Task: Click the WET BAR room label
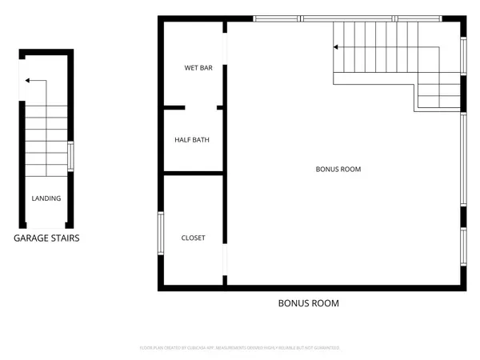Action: point(198,69)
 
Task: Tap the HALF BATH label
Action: point(192,140)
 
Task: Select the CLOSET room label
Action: point(193,238)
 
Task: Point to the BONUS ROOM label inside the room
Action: point(339,170)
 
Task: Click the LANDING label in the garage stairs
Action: point(46,198)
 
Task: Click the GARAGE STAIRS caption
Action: point(46,238)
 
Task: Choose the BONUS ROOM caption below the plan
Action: point(308,303)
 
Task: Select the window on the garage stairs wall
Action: point(72,155)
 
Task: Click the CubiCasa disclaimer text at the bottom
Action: point(240,348)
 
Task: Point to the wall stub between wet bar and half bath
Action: point(175,107)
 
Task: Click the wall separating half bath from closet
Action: point(194,172)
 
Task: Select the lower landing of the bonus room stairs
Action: point(438,95)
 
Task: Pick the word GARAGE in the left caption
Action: point(30,238)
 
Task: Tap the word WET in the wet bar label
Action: point(191,69)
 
